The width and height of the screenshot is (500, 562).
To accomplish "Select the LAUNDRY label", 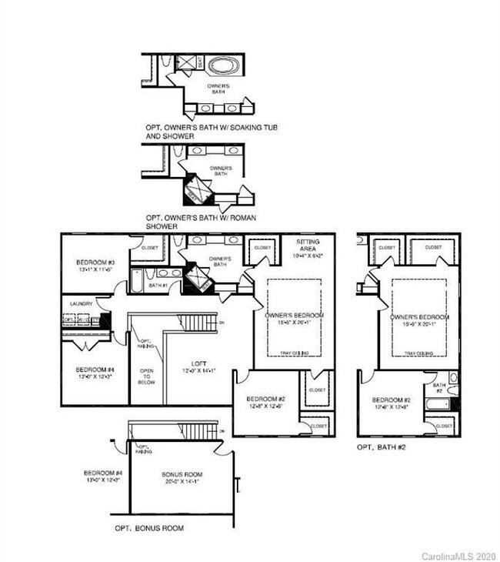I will tap(81, 304).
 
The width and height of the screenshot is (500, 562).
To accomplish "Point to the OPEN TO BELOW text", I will tap(147, 375).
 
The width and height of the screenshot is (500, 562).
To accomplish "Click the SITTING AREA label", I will tap(308, 245).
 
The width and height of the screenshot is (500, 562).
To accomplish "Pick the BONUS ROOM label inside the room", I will tap(180, 474).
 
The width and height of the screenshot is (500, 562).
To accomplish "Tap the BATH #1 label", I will tap(159, 286).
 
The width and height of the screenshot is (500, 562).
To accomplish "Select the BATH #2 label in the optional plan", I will tap(439, 387).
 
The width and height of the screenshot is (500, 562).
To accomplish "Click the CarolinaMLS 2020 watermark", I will tap(458, 555).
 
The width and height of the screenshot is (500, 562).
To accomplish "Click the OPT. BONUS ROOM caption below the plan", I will tap(149, 528).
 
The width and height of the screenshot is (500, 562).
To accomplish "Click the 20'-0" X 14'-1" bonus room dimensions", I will tap(180, 482).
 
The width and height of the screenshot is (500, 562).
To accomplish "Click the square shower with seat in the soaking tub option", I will tap(188, 62).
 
